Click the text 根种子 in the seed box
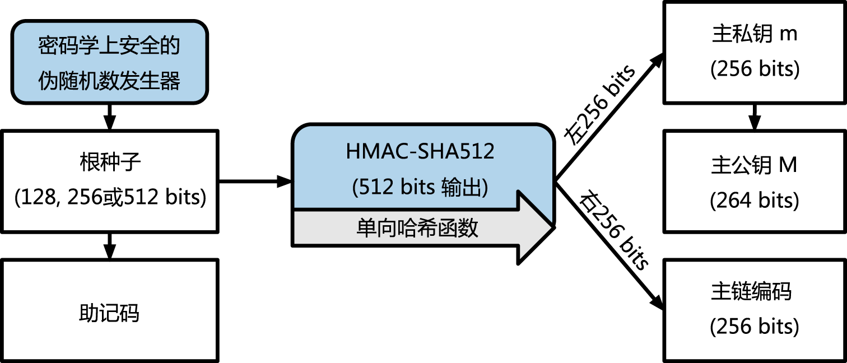[x=110, y=162]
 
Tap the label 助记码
[x=109, y=313]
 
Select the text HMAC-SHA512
[x=420, y=151]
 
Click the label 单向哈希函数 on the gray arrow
[x=417, y=228]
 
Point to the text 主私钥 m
[x=755, y=34]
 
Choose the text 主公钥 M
[x=754, y=165]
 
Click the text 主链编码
[x=751, y=291]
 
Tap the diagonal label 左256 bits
[x=600, y=105]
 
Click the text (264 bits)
[x=755, y=200]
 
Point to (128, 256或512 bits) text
[x=110, y=197]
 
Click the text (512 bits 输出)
[x=420, y=187]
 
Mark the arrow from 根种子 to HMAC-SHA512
[x=255, y=182]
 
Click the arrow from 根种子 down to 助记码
[x=110, y=246]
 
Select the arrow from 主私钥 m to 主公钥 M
[x=755, y=117]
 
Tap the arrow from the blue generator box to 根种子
[x=110, y=117]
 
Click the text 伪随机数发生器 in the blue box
[x=109, y=81]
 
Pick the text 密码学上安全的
[x=109, y=46]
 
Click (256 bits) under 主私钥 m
[x=755, y=69]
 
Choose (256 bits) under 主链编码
[x=755, y=327]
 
